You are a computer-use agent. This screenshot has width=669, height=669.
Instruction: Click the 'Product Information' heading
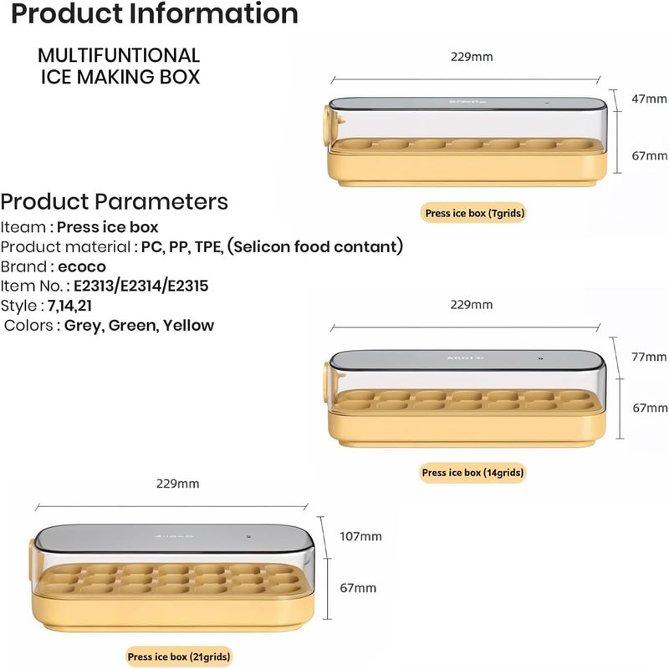click(x=154, y=13)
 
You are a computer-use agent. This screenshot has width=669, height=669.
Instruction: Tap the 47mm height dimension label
click(x=649, y=99)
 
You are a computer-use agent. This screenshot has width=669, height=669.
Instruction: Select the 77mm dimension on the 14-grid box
click(x=649, y=357)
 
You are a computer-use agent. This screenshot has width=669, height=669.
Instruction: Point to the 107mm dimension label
click(x=360, y=536)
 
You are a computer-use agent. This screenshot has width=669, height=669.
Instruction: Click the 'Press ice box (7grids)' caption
click(x=474, y=213)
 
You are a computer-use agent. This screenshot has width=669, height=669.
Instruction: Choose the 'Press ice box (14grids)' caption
click(x=472, y=473)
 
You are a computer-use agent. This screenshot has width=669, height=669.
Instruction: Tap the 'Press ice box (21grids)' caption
click(x=179, y=656)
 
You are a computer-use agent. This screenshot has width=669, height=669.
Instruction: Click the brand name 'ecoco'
click(x=82, y=266)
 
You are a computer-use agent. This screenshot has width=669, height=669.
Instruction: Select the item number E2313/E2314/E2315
click(x=141, y=286)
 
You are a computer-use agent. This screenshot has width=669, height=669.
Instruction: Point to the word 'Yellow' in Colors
click(x=188, y=326)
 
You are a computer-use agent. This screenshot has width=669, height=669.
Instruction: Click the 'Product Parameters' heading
click(x=114, y=201)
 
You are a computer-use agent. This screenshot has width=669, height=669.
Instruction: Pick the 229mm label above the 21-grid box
click(x=178, y=484)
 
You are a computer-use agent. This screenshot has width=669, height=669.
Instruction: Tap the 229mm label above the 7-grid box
click(x=472, y=57)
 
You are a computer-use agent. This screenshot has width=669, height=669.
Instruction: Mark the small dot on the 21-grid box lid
click(x=248, y=537)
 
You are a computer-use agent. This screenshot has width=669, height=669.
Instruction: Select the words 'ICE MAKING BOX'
click(x=120, y=77)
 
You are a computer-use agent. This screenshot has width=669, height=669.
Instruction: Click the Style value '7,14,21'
click(x=69, y=306)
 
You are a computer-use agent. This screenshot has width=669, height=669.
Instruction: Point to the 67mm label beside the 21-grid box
click(x=358, y=588)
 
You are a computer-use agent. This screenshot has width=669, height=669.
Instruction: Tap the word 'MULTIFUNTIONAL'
click(x=119, y=55)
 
